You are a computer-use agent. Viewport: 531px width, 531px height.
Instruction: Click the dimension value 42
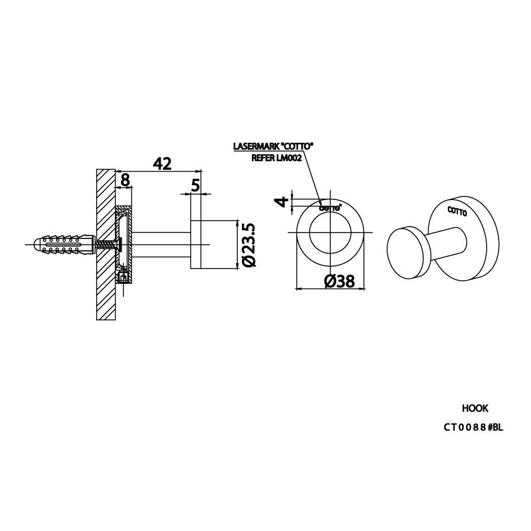coord(162,164)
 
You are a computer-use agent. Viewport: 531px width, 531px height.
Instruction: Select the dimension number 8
coord(125,180)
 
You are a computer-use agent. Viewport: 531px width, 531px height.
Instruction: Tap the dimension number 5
coord(195,185)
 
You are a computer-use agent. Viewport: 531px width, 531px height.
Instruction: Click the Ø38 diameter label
coord(339,281)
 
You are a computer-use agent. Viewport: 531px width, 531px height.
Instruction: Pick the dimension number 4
coord(283,202)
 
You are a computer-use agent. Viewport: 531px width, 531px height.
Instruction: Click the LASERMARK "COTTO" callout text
coord(272,146)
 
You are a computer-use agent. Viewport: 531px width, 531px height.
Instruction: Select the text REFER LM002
coord(277,158)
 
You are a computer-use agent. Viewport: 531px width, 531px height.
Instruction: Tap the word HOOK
coord(475,408)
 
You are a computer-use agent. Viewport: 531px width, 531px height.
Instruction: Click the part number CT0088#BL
coord(473,427)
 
